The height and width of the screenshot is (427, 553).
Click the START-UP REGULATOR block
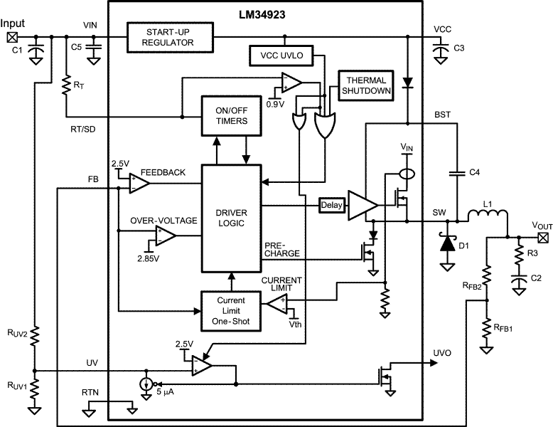coord(170,38)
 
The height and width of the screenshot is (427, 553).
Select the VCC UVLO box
coord(281,56)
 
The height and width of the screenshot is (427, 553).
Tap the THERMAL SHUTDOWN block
coord(366,85)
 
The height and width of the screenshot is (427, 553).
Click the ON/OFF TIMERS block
coord(231,115)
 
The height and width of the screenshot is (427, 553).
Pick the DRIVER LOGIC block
coord(231,218)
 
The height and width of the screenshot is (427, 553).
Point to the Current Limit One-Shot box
coord(231,311)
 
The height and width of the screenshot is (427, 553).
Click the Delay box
coord(331,205)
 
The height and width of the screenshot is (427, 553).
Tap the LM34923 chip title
coord(262,15)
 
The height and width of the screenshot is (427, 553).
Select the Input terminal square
coord(12,37)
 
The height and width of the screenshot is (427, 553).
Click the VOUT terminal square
coord(544,238)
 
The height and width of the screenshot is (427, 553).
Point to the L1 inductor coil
coord(488,216)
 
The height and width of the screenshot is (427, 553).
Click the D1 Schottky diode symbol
coord(448,243)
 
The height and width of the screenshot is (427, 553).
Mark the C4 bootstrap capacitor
coord(458,173)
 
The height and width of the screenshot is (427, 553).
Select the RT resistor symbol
coord(66,85)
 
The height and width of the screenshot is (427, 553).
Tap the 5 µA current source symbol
coord(146,384)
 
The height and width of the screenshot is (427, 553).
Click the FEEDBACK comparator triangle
coord(139,184)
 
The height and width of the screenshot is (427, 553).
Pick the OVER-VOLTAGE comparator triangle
coord(166,236)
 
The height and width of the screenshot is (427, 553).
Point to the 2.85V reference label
coord(148,258)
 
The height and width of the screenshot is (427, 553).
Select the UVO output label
coord(442,353)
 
